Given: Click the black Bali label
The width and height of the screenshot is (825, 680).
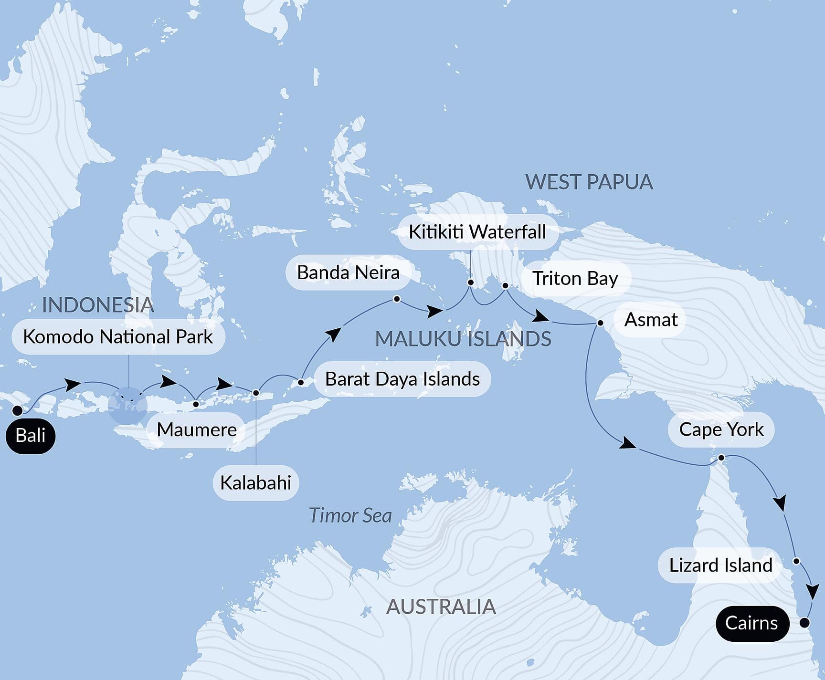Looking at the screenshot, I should point(31,436).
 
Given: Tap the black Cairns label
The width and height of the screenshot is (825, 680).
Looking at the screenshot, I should point(751,623).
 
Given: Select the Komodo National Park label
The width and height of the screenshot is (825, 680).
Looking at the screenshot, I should point(118,337).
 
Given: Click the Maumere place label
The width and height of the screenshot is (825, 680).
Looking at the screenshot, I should point(197,430).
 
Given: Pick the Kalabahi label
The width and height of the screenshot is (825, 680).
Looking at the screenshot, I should point(255,483).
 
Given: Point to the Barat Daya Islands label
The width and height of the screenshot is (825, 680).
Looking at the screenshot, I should point(402,379).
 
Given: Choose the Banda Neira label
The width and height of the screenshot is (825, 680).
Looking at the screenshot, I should point(348,272).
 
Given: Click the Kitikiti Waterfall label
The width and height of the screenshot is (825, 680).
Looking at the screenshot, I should point(477,232).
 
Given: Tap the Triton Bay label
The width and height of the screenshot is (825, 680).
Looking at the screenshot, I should point(575,278).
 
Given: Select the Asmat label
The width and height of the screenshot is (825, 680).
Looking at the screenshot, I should point(651,320).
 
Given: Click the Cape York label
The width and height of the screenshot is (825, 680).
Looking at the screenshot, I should point(721,429).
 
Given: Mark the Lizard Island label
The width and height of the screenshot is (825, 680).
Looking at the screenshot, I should point(720,565).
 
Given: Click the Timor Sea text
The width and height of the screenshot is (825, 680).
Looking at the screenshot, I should point(350,515).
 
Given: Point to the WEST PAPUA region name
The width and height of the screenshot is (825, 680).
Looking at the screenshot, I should point(589,182).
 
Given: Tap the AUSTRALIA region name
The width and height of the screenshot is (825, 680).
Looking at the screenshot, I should point(441,607).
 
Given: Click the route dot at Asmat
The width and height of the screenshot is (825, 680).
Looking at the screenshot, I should point(600,323).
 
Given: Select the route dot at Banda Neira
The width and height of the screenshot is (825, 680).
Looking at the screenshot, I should point(397,299).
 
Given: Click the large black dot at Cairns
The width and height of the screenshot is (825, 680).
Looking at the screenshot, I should point(804,622).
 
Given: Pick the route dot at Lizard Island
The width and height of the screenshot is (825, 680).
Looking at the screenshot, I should point(796,561).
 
